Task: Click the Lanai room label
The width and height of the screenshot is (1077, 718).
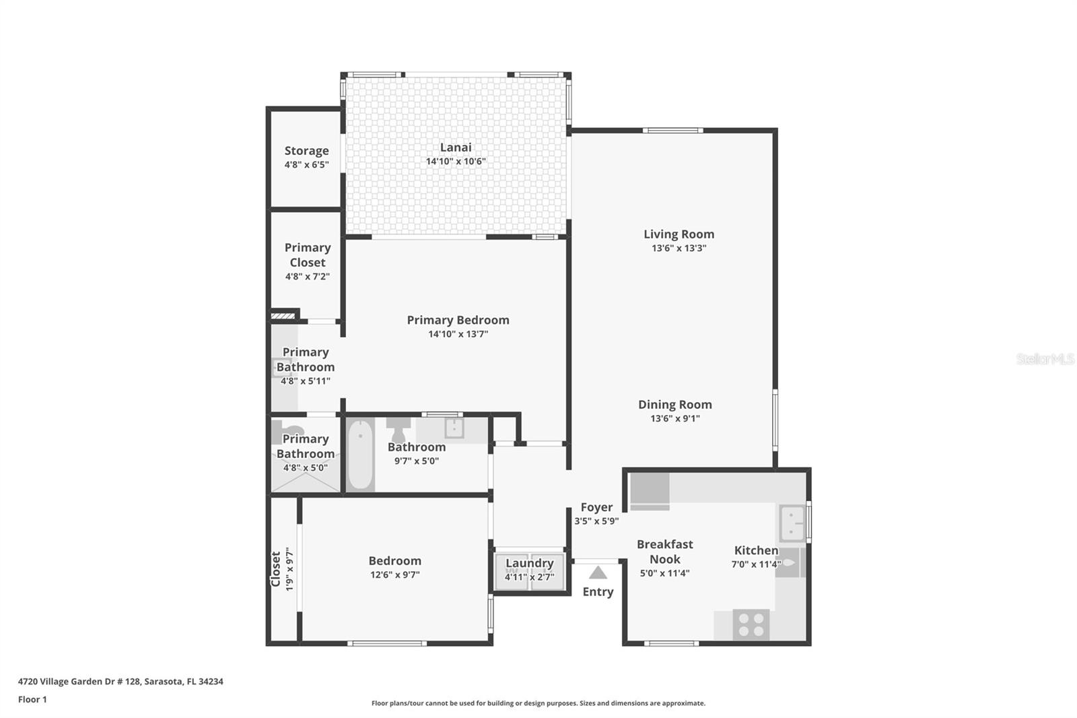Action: point(456,148)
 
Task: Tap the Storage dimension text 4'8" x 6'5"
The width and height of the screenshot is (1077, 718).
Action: point(306,164)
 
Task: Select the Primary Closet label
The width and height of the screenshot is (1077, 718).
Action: point(307,255)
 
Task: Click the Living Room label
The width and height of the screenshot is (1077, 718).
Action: point(679,234)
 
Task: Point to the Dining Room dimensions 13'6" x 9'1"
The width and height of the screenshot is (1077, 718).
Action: point(675,418)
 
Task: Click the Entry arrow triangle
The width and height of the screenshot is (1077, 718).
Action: point(598,573)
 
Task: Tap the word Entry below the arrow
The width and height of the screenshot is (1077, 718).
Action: point(598,591)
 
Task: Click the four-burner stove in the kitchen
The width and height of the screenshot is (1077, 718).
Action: point(751,624)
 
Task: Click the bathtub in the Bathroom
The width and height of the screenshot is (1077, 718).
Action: point(361,455)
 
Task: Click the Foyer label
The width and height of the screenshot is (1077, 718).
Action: point(596,507)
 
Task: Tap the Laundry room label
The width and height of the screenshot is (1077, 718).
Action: point(529,563)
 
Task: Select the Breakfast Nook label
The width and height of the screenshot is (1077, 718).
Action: point(664,552)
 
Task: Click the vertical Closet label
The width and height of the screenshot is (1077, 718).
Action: point(276,569)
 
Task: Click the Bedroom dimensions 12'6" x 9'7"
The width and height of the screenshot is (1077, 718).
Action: point(394,575)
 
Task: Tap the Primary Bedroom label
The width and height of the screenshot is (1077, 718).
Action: point(458,320)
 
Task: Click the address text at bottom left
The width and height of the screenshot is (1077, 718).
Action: point(120,681)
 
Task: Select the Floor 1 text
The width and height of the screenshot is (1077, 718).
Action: point(32,699)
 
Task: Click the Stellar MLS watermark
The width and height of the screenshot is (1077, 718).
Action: point(1045,359)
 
